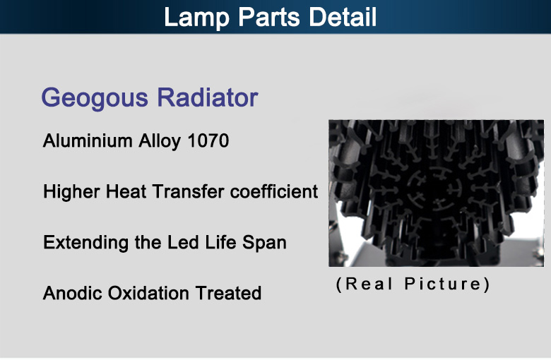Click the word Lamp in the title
click(x=197, y=18)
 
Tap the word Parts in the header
click(x=269, y=17)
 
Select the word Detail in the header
click(x=343, y=17)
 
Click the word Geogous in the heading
click(x=95, y=98)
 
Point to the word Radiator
click(x=207, y=97)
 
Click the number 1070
click(x=208, y=141)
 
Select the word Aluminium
click(x=88, y=141)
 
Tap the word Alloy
click(x=160, y=142)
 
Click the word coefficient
click(x=274, y=191)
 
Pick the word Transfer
click(x=189, y=191)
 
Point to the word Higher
click(x=71, y=193)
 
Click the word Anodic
click(x=72, y=293)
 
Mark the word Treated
click(x=228, y=293)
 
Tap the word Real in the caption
click(x=369, y=284)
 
